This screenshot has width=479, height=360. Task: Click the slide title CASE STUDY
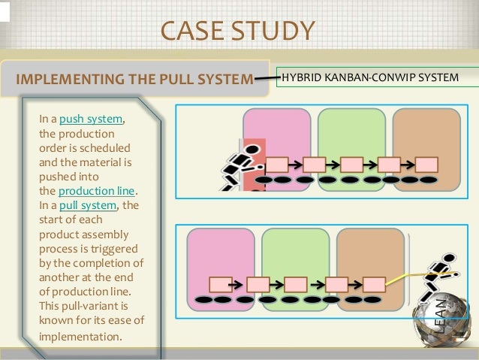click(x=237, y=31)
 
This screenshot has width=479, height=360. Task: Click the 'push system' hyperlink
click(x=91, y=119)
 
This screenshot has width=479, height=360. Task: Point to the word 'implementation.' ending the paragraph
click(x=80, y=337)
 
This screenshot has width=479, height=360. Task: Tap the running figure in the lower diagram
click(x=437, y=282)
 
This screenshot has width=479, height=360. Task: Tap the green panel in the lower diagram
click(x=295, y=252)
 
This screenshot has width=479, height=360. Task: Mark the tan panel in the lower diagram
click(x=370, y=252)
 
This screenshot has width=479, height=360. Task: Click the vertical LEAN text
click(x=442, y=316)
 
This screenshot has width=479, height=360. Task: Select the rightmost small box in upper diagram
click(x=426, y=164)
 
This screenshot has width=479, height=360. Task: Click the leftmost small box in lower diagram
click(x=220, y=284)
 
